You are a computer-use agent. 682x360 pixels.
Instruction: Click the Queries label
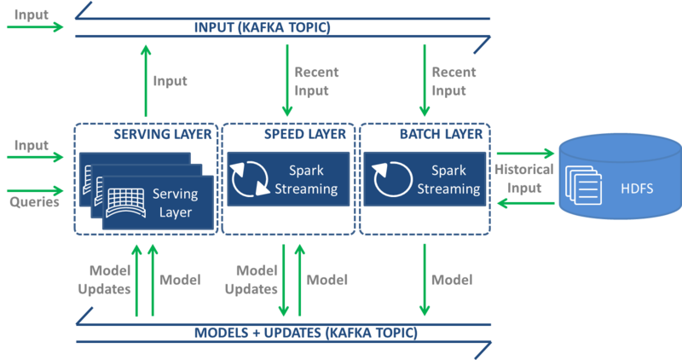pyautogui.click(x=34, y=203)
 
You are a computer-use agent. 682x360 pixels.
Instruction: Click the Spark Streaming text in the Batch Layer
pyautogui.click(x=448, y=180)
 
